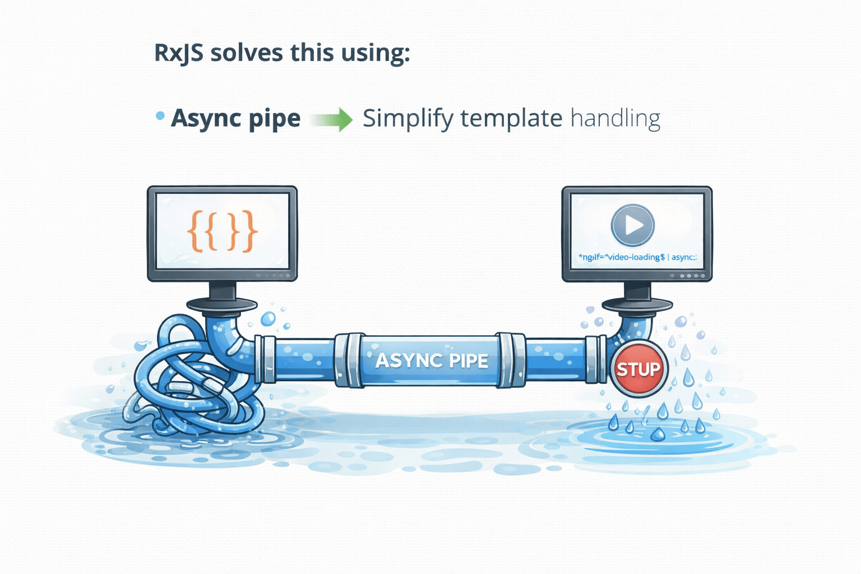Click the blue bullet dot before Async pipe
[160, 116]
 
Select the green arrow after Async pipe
[332, 119]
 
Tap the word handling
[615, 119]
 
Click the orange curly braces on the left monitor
[222, 230]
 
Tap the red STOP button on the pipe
[638, 369]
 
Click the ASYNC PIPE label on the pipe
[432, 360]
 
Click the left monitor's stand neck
[223, 291]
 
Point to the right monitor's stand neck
[637, 291]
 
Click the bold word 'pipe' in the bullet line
[274, 119]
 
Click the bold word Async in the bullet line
[205, 119]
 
